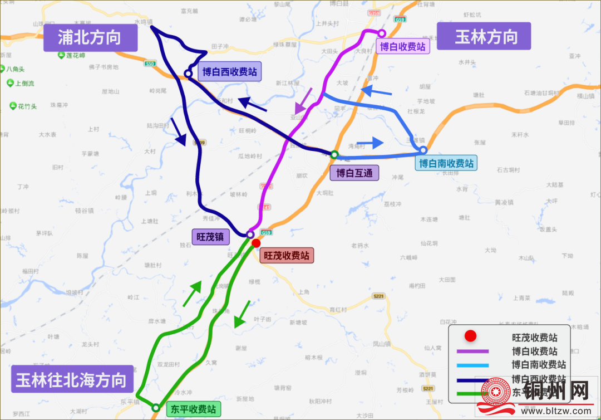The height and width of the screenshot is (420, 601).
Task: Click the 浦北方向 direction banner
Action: tap(90, 38)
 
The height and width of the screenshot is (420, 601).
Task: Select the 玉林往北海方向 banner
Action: tap(71, 380)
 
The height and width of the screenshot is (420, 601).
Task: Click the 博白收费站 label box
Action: tap(403, 46)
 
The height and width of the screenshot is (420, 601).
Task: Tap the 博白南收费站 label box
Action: tap(446, 163)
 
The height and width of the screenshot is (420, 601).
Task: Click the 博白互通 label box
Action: tap(354, 173)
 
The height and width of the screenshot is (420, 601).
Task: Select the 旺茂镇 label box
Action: tap(211, 236)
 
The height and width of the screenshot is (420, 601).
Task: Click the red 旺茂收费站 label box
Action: tap(286, 256)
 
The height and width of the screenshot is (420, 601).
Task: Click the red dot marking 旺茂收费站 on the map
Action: tap(256, 243)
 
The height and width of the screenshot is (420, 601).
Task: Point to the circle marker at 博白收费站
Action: tap(382, 33)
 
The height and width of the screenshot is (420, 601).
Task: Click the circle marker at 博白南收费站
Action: tap(423, 150)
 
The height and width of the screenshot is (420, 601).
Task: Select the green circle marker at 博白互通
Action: tap(334, 154)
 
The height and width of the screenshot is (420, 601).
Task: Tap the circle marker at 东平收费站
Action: tap(156, 407)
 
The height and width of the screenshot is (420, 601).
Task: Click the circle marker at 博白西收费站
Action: tap(188, 73)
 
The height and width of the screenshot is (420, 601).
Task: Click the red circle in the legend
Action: tap(471, 336)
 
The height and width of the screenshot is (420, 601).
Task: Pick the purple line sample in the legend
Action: tap(472, 351)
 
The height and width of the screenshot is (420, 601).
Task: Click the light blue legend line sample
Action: tap(472, 365)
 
